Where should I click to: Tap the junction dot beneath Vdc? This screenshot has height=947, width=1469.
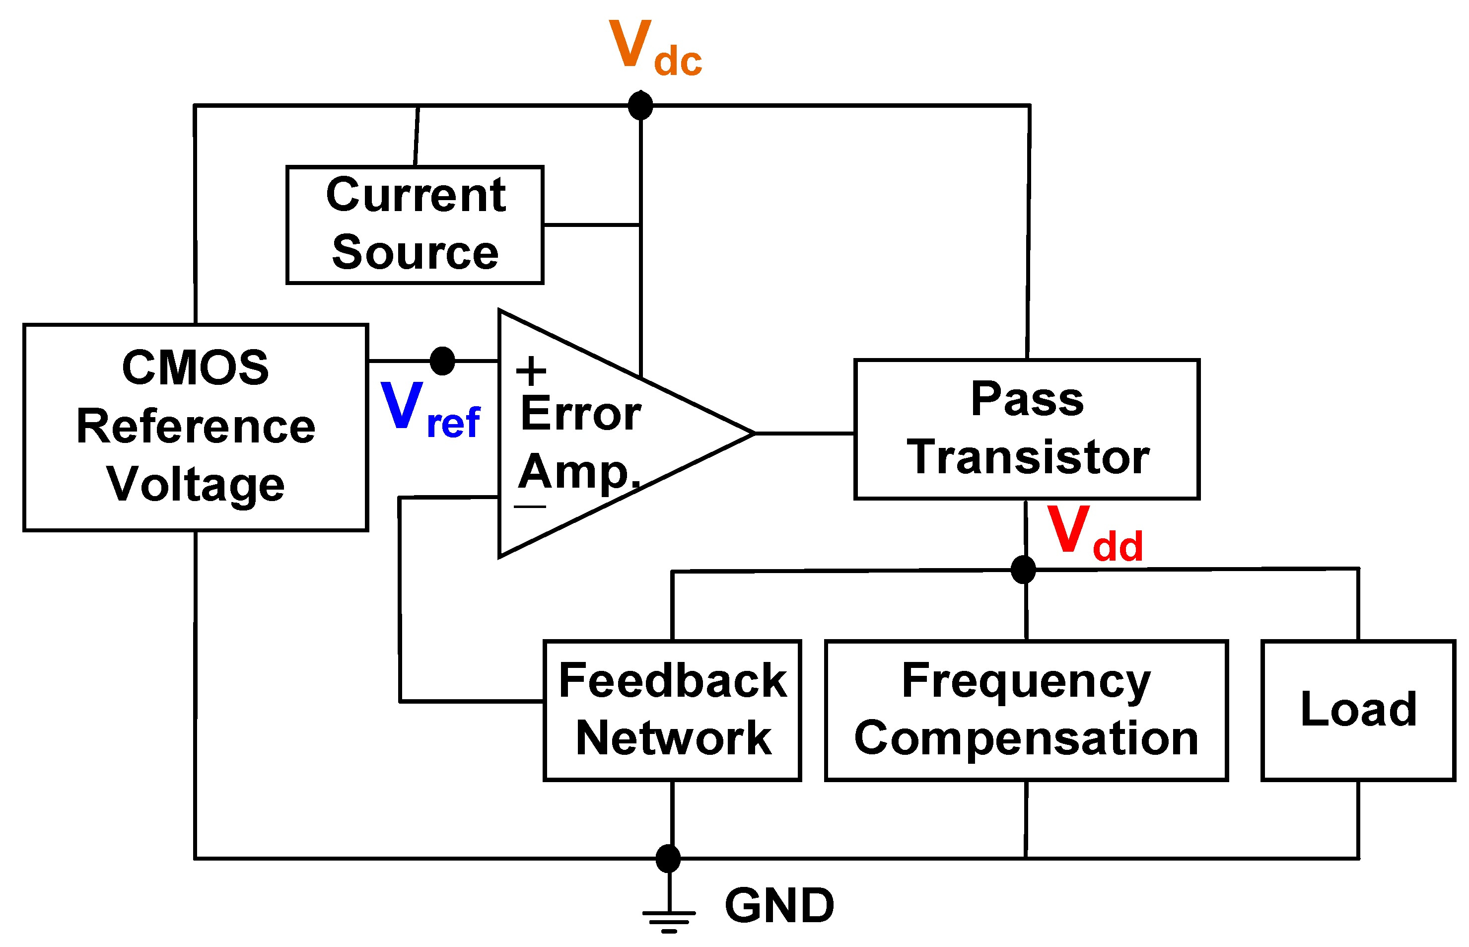(x=640, y=105)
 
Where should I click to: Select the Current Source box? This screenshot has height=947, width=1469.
(x=415, y=224)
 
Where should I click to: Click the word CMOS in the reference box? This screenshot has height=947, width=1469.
(x=196, y=368)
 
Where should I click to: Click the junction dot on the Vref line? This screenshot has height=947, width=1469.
(x=442, y=361)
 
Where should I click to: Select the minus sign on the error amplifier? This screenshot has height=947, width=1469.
(x=529, y=507)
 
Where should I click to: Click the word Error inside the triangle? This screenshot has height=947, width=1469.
(x=580, y=414)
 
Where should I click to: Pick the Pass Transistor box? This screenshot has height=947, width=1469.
(x=1027, y=429)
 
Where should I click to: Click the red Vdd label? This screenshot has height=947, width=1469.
(x=1094, y=534)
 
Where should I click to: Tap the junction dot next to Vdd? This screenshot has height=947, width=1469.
(x=1023, y=570)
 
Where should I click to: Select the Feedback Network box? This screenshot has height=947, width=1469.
(x=672, y=710)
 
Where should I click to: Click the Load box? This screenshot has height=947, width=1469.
(x=1358, y=710)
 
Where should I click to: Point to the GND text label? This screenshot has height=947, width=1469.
(x=779, y=905)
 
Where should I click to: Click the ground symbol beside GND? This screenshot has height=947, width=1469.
(x=669, y=915)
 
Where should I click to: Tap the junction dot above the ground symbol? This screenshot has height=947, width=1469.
(x=668, y=859)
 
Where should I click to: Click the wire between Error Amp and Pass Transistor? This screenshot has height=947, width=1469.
(x=804, y=434)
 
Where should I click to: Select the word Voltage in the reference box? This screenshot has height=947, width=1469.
(x=196, y=485)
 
